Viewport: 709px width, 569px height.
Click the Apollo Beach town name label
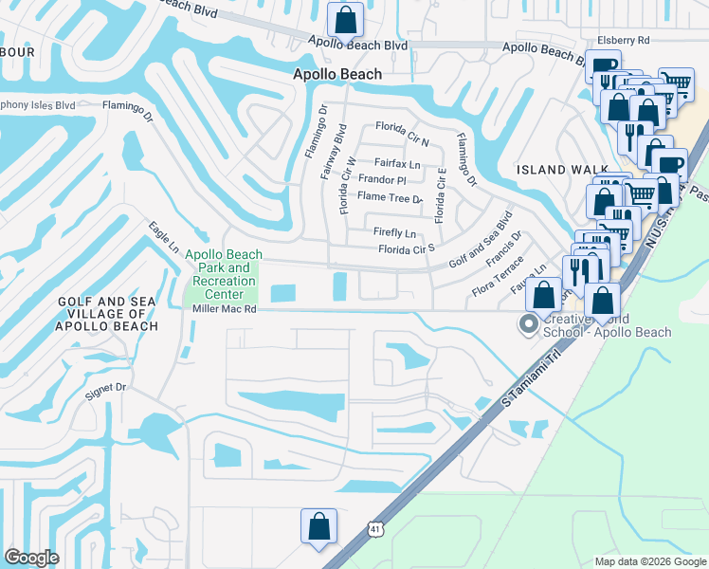(x=337, y=74)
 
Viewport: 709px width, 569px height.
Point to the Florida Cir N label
(x=403, y=127)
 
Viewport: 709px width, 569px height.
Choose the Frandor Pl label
(x=382, y=180)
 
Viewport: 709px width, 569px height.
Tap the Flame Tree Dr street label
(x=389, y=198)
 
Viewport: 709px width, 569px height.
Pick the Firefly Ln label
(x=396, y=233)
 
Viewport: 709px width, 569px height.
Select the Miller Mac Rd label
(x=224, y=309)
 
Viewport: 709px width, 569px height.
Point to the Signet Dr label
(x=105, y=388)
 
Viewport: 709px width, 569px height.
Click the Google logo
(x=32, y=558)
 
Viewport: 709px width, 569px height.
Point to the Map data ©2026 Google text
(x=649, y=561)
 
